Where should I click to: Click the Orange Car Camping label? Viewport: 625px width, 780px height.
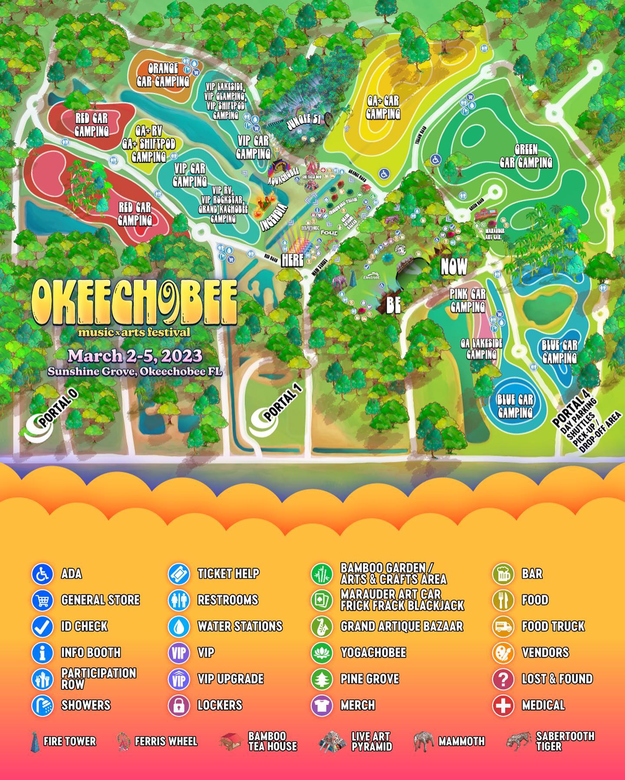(x=163, y=75)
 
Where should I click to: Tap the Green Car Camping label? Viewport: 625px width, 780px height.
(x=526, y=156)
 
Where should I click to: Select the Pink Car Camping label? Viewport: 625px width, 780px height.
(x=467, y=301)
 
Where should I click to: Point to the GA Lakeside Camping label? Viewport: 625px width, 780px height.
(x=481, y=349)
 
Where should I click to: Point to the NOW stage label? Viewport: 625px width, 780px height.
(x=454, y=266)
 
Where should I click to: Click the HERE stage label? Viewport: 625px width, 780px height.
(x=292, y=260)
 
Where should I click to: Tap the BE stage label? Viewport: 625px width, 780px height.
(x=393, y=305)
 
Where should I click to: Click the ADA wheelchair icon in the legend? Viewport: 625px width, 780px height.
(x=43, y=574)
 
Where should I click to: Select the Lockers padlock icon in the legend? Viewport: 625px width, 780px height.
(x=179, y=705)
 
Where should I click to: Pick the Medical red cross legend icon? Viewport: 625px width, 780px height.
(x=503, y=705)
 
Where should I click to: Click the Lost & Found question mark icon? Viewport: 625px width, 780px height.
(x=503, y=678)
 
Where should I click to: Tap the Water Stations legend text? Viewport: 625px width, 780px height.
(x=240, y=626)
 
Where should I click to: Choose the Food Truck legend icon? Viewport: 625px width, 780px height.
(x=503, y=626)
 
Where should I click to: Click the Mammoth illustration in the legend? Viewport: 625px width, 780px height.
(x=423, y=741)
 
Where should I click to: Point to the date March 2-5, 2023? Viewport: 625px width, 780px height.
(x=135, y=356)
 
